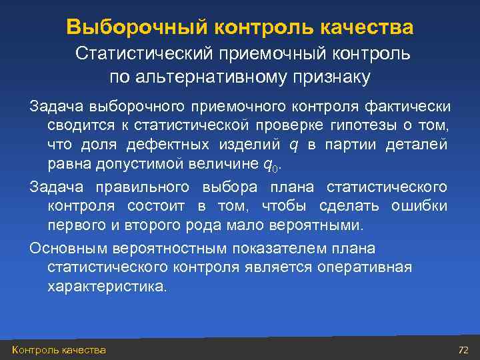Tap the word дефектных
click(x=187, y=144)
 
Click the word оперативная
click(x=368, y=267)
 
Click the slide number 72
click(x=464, y=350)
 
